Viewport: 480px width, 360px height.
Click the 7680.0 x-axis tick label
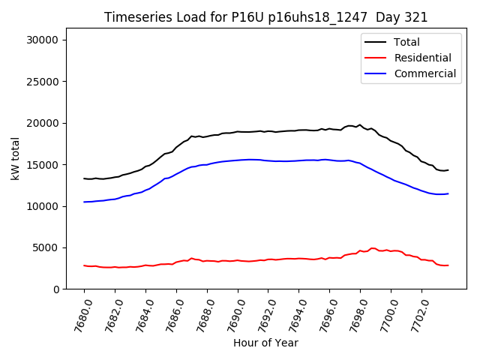79,313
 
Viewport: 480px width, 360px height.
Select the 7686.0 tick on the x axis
172,313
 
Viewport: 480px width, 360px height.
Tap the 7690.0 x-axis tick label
233,313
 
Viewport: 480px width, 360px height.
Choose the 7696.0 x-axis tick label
325,313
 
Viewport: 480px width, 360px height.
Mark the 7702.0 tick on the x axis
417,313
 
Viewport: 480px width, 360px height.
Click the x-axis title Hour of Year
265,343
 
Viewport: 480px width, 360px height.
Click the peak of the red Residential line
373,247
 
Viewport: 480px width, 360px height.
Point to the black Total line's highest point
360,124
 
